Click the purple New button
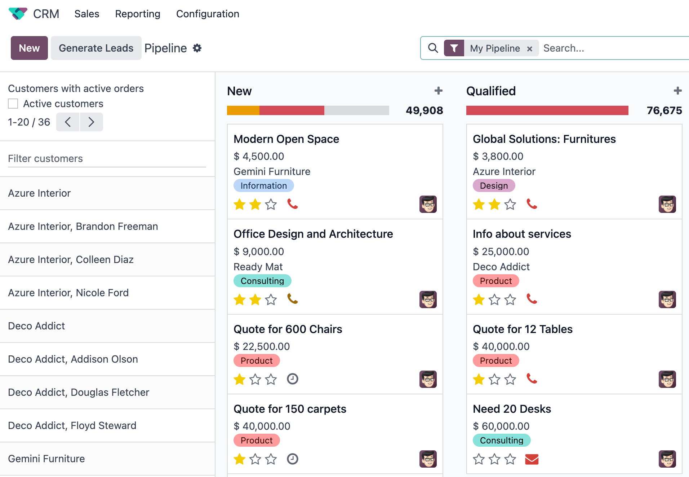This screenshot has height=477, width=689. (x=29, y=48)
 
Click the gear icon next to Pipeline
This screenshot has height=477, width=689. (x=197, y=48)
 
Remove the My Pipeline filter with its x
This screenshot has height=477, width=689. (x=530, y=49)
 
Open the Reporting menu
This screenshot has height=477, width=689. (x=137, y=14)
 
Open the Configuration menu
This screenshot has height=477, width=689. (x=208, y=14)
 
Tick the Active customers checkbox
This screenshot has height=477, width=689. (x=13, y=104)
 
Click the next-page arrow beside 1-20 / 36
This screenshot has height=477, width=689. (x=91, y=122)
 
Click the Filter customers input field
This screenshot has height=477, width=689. (x=107, y=159)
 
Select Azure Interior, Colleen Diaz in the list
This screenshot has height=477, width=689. (x=71, y=259)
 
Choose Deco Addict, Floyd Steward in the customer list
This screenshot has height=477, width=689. (x=72, y=425)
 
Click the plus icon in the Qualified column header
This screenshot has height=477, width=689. (x=677, y=91)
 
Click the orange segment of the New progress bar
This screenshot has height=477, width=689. (x=243, y=110)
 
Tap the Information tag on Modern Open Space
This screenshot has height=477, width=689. (x=263, y=186)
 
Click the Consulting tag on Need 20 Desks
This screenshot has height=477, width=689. (x=501, y=441)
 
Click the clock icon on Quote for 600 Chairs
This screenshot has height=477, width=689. (x=292, y=379)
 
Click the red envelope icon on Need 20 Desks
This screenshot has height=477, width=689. (x=532, y=459)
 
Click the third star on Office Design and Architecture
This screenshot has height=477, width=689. (x=271, y=300)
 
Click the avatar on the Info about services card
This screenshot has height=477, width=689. (x=667, y=299)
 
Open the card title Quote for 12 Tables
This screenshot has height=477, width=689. (x=523, y=329)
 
